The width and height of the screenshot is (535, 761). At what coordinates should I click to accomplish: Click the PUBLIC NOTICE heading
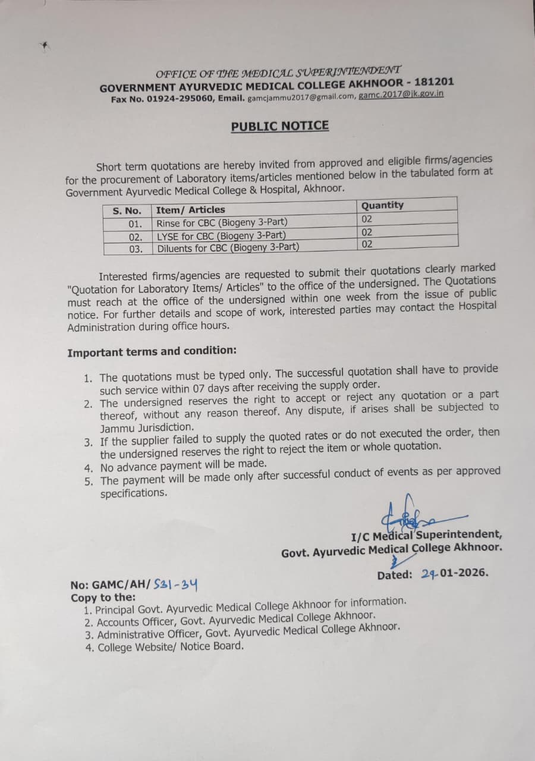click(279, 126)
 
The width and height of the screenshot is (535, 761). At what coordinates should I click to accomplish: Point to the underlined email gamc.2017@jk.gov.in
click(401, 94)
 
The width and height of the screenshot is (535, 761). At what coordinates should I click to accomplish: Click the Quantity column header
click(382, 205)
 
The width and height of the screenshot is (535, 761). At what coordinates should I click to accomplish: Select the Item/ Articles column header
click(190, 210)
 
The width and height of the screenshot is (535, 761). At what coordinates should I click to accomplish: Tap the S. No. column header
click(127, 211)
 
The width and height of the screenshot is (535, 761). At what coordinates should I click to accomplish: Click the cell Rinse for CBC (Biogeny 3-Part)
click(218, 224)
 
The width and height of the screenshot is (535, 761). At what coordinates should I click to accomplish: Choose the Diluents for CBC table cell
click(228, 247)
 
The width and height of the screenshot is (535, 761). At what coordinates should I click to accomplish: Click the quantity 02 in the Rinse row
click(367, 219)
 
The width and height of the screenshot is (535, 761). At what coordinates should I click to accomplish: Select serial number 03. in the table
click(136, 249)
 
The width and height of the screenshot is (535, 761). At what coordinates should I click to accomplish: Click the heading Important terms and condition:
click(152, 351)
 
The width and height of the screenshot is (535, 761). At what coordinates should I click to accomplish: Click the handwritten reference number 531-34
click(175, 584)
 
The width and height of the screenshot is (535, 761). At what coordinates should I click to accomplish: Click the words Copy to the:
click(103, 598)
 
